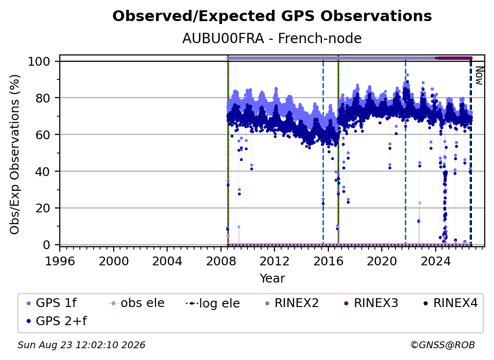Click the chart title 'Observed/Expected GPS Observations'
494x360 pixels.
pos(272,16)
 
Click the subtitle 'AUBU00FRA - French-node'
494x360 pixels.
pos(272,38)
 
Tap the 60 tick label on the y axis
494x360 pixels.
pos(43,135)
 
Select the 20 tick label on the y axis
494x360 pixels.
pos(43,208)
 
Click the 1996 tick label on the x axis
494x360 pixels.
pos(60,261)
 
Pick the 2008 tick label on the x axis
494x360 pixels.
pos(221,261)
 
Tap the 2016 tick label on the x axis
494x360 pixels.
pos(328,261)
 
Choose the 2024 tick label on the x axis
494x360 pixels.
pos(435,261)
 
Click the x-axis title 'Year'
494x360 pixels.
pos(272,279)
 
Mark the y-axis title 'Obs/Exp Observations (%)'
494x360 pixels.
pos(15,154)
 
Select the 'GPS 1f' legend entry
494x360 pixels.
pos(51,303)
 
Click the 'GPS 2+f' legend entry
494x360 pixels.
pos(56,321)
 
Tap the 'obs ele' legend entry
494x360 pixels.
pos(136,303)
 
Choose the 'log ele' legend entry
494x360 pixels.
pos(213,304)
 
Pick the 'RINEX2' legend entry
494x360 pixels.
pos(292,303)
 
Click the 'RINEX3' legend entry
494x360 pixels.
pos(371,303)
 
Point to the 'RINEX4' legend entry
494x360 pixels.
pos(450,303)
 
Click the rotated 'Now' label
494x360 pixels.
pos(479,76)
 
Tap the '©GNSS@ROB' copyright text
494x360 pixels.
pos(443,345)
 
